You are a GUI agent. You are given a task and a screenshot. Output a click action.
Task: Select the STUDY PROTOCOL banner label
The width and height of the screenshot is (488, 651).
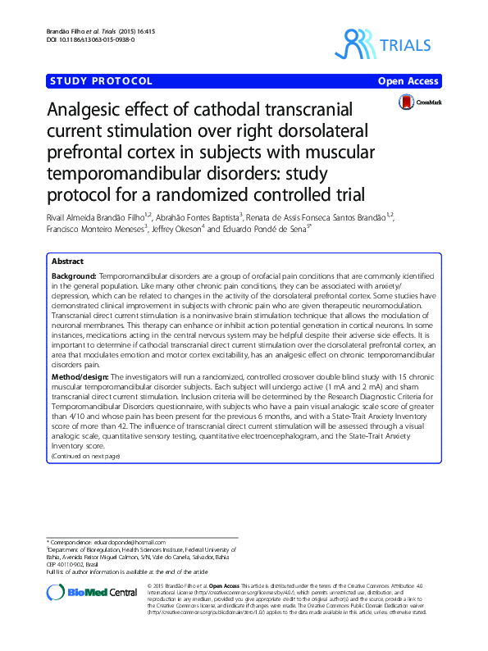coord(102,80)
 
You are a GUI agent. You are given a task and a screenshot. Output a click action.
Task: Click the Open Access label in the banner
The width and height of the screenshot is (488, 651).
coord(408,81)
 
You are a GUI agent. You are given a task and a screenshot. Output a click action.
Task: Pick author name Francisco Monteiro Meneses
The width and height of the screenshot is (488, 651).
coord(97,229)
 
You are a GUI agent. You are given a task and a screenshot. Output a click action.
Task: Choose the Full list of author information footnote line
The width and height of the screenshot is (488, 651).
coord(125,571)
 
